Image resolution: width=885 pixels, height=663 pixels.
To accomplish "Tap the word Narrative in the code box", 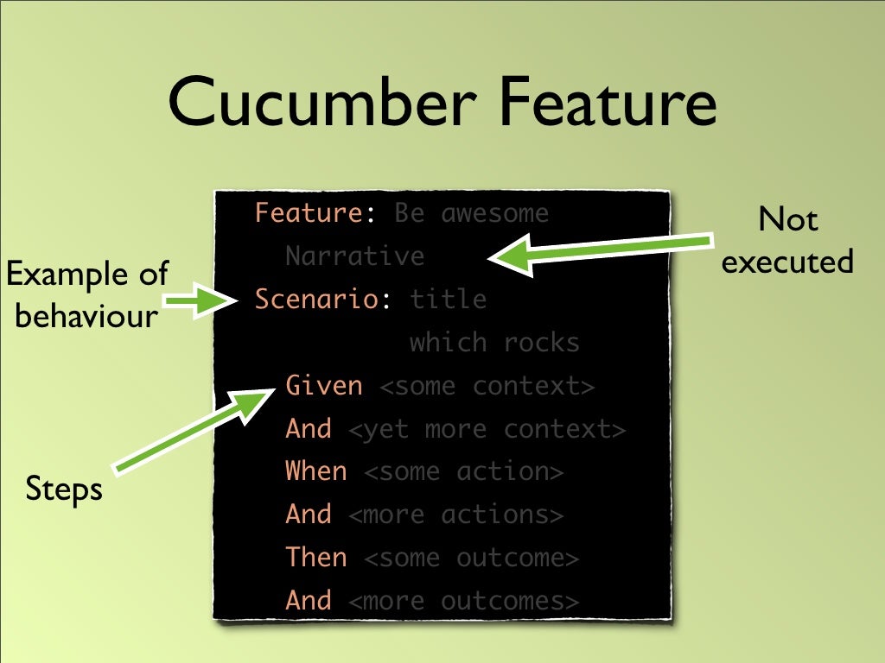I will (354, 256).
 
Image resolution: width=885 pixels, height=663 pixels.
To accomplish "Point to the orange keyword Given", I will (324, 385).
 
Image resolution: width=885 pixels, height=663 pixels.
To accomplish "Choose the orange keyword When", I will (316, 471).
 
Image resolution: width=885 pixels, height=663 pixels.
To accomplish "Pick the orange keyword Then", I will (316, 558).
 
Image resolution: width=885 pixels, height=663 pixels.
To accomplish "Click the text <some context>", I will (487, 386).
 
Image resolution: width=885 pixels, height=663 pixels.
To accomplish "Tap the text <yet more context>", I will (487, 429).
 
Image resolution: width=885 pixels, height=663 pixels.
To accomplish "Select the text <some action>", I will (463, 472).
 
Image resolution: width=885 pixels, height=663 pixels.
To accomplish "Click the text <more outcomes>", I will (463, 601).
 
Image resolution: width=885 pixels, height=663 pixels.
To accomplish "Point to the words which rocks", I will (494, 343).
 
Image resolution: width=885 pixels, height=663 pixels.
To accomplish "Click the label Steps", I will (64, 489).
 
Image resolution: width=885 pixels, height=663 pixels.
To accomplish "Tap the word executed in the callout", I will (787, 261).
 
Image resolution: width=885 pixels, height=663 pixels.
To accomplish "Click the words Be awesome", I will (471, 213).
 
